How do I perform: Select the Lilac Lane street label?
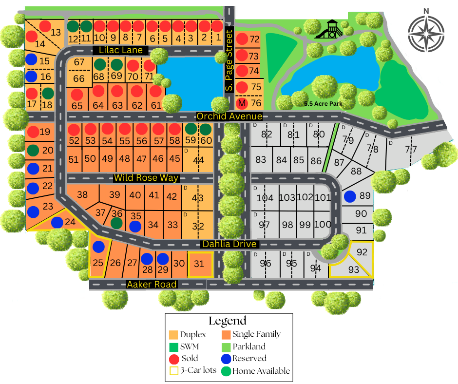coord(121,50)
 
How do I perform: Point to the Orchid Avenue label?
coord(229,116)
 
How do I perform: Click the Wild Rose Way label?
coord(146,178)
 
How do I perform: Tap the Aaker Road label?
coord(151,284)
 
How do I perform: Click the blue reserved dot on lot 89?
coord(349,197)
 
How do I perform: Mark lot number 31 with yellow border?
coord(200,265)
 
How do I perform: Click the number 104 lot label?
coord(265,198)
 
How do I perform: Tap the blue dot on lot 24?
coord(57,222)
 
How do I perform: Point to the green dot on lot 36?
coord(116,223)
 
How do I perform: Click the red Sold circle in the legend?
coord(173,359)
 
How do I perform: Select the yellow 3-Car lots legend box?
coord(173,371)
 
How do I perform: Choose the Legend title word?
coord(228,321)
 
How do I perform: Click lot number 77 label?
coord(411,149)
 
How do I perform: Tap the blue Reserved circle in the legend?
coord(226,359)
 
